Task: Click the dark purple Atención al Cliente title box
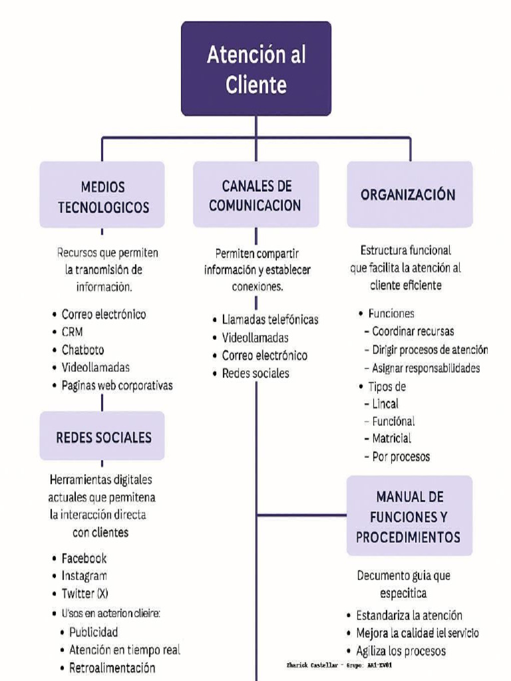point(256,68)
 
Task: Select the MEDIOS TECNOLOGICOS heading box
point(102,197)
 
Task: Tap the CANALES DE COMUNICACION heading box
point(256,196)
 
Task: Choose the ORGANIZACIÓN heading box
point(409,195)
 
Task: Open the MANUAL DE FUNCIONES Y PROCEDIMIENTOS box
point(409,516)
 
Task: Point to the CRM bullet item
point(73,332)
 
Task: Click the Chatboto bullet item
point(83,349)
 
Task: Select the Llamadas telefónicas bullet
point(269,320)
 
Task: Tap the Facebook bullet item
point(84,558)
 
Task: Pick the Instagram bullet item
point(84,575)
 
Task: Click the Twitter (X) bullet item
point(85,593)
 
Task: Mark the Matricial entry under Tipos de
point(391,438)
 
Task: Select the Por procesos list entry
point(401,456)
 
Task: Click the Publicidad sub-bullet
point(93,631)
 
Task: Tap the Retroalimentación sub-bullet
point(112,668)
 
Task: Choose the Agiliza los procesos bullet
point(401,651)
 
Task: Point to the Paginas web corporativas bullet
point(116,385)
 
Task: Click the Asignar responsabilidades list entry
point(426,368)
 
